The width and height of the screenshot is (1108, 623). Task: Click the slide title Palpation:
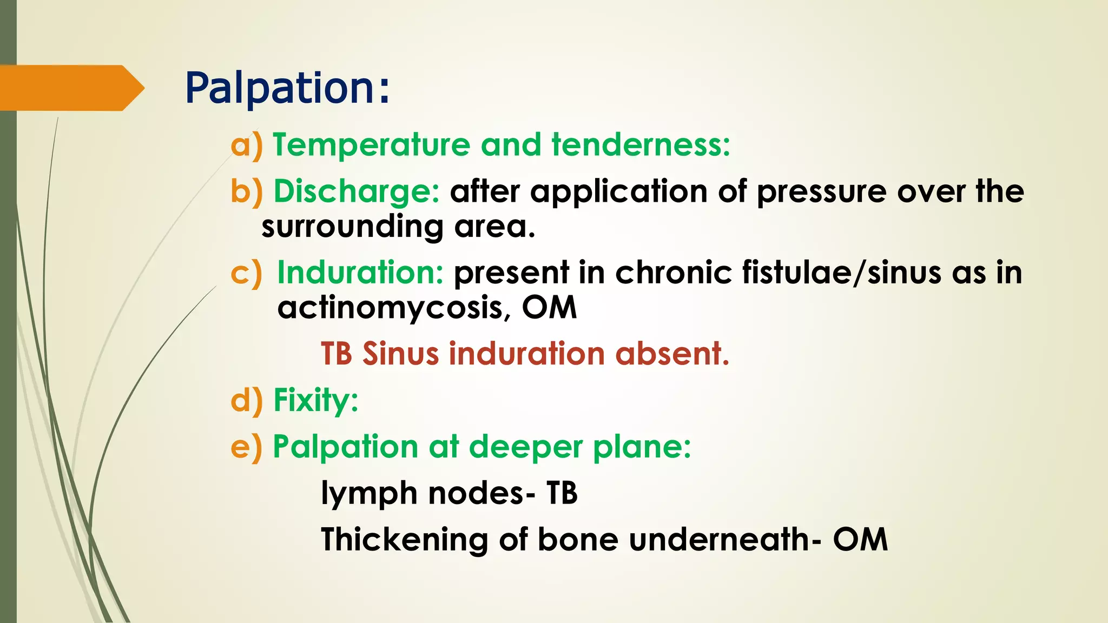pos(287,88)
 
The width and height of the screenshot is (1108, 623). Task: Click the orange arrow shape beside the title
pos(70,88)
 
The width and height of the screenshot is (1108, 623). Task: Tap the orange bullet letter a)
pos(246,145)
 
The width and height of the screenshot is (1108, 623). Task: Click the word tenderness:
pos(641,145)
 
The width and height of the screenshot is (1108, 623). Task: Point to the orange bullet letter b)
pos(246,192)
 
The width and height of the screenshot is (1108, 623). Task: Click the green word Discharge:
pos(357,192)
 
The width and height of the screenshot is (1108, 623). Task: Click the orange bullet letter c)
pos(246,273)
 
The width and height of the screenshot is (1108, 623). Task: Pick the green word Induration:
pos(360,273)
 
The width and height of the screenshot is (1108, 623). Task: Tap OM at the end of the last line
pos(860,540)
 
